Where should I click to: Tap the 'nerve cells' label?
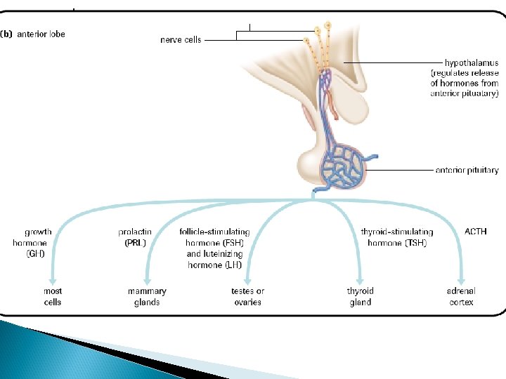(x=181, y=40)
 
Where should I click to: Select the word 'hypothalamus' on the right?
(x=472, y=63)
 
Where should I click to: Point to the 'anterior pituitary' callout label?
(x=467, y=170)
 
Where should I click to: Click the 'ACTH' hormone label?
(x=475, y=232)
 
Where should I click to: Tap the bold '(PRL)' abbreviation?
(x=135, y=243)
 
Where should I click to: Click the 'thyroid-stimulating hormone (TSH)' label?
(x=396, y=237)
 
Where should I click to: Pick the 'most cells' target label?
(x=53, y=296)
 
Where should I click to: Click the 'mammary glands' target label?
(x=147, y=296)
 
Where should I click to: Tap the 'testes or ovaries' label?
(x=247, y=296)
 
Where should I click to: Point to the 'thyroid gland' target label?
(x=361, y=296)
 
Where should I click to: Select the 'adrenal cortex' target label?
(x=461, y=296)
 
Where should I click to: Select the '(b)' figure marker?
(x=8, y=33)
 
